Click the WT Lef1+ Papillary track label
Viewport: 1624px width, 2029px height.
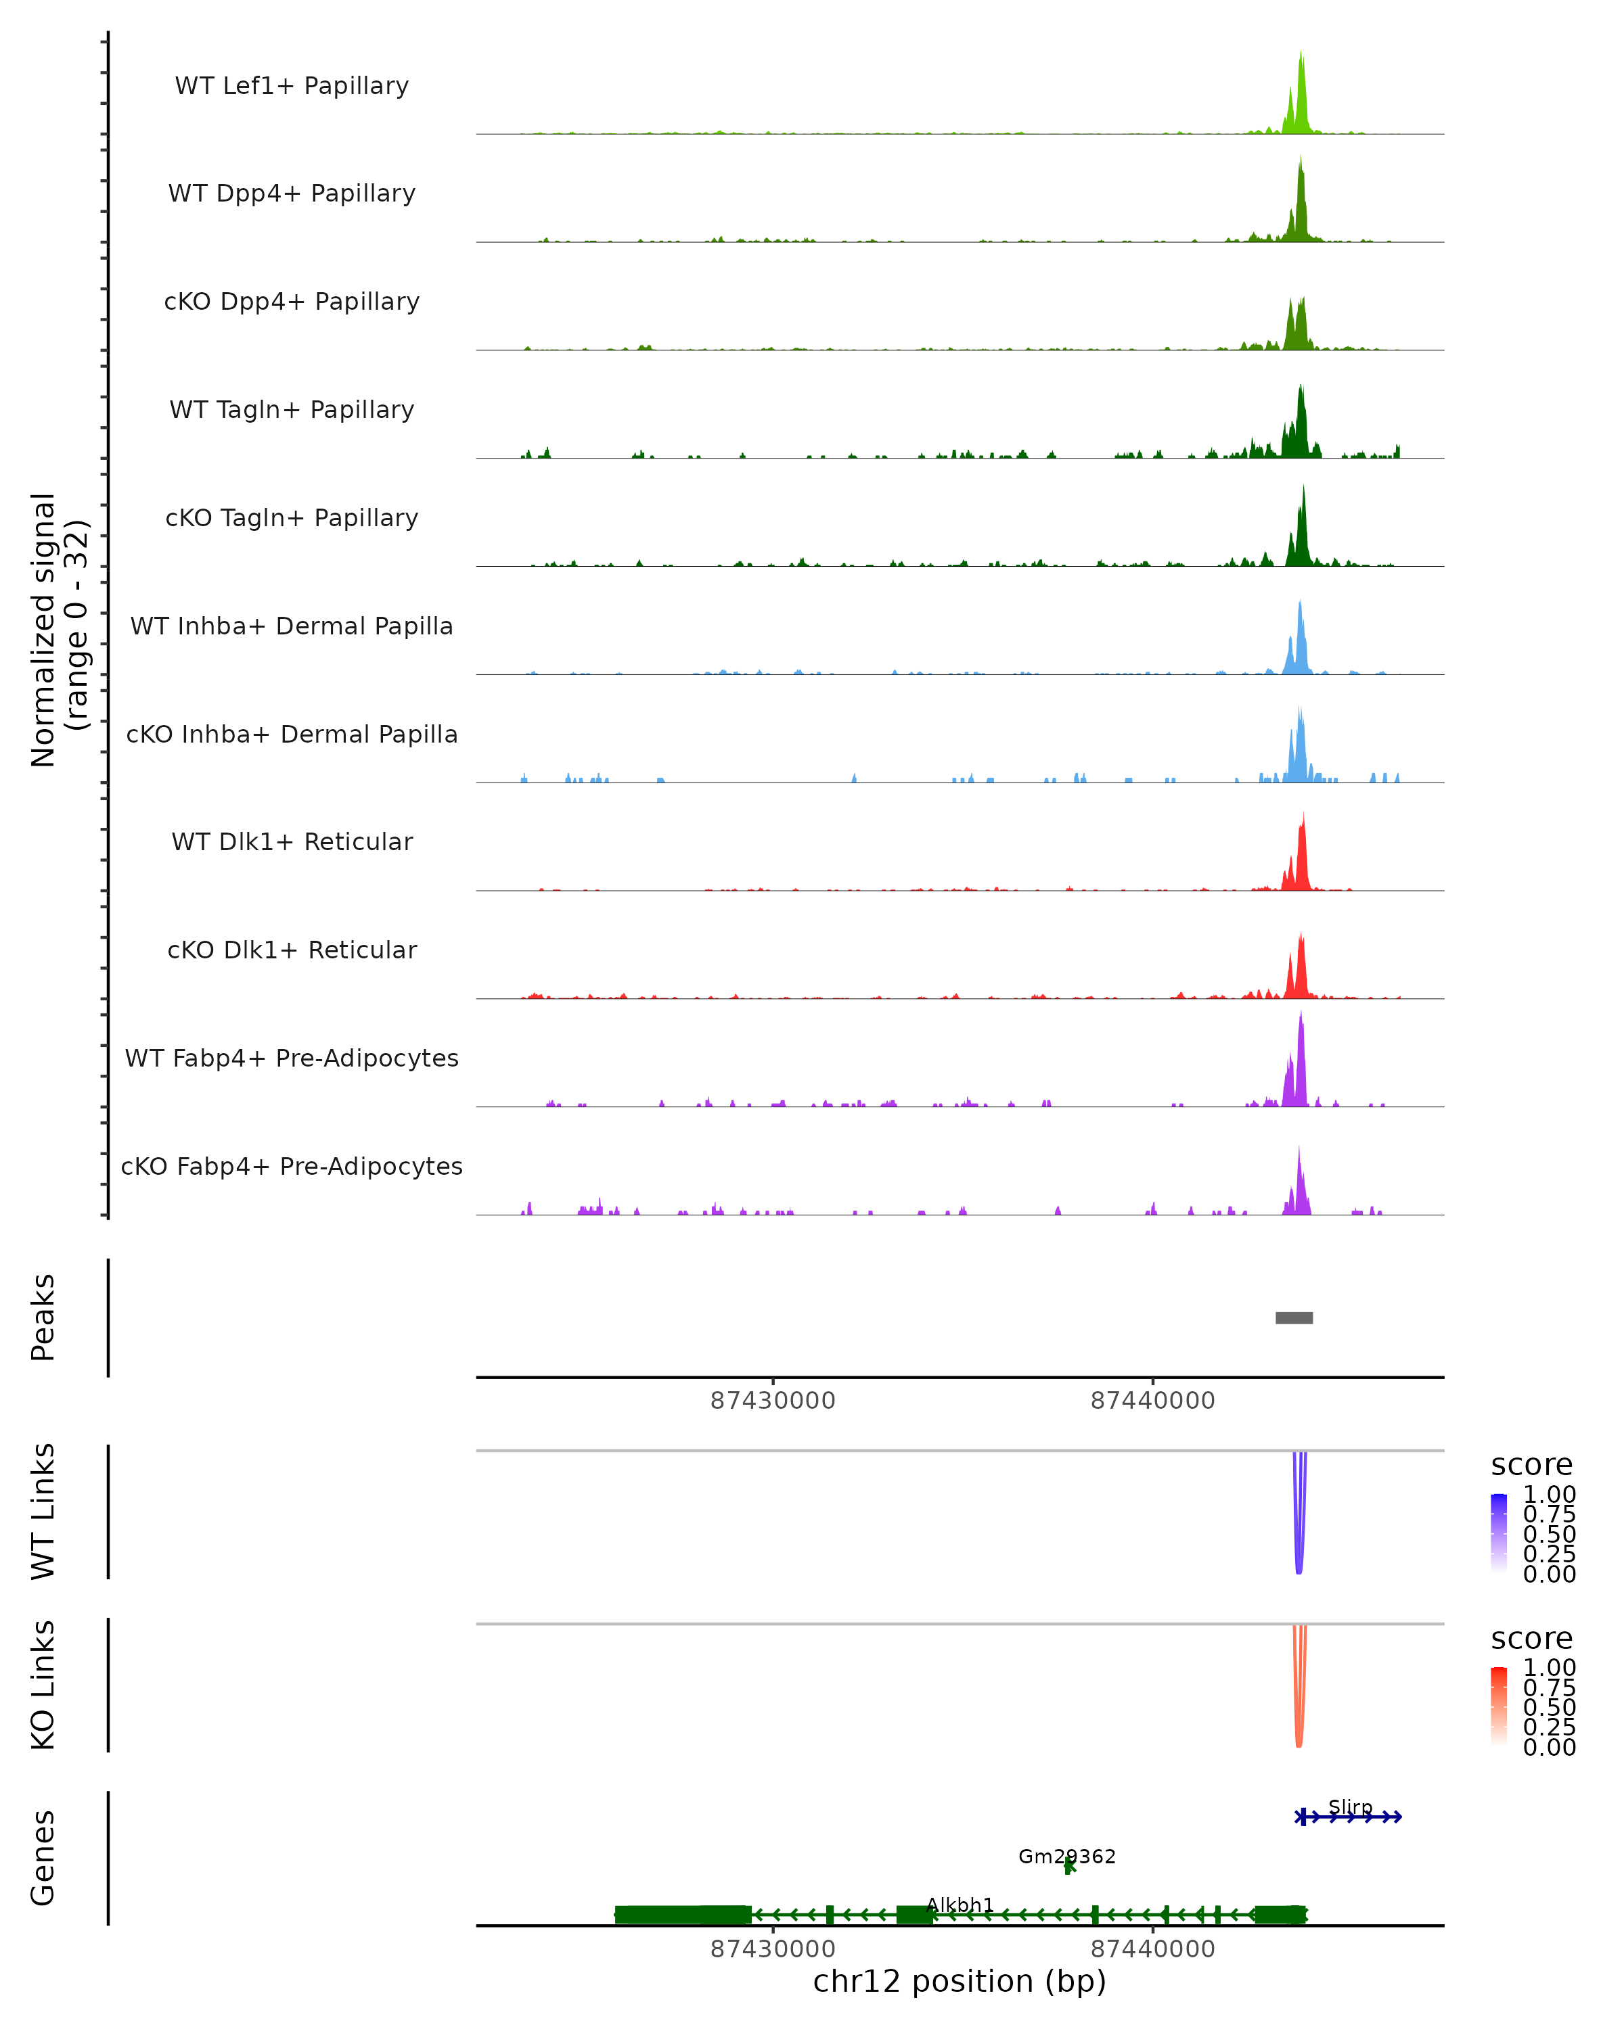[292, 86]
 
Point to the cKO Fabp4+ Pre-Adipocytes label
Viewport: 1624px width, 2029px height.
[292, 1166]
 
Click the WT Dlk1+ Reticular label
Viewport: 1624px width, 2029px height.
[292, 841]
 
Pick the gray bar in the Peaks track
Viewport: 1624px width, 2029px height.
[1294, 1317]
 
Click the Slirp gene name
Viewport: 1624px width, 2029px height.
[1350, 1807]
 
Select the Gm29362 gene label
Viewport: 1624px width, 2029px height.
[1066, 1857]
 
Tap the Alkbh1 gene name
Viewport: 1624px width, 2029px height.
[960, 1905]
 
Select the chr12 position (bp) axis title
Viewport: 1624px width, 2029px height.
[960, 1982]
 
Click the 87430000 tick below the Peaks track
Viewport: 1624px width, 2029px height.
[773, 1401]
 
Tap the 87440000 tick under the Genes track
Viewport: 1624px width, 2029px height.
[1152, 1949]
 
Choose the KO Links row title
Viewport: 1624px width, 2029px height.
[43, 1685]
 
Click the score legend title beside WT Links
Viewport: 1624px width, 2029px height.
[1532, 1466]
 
